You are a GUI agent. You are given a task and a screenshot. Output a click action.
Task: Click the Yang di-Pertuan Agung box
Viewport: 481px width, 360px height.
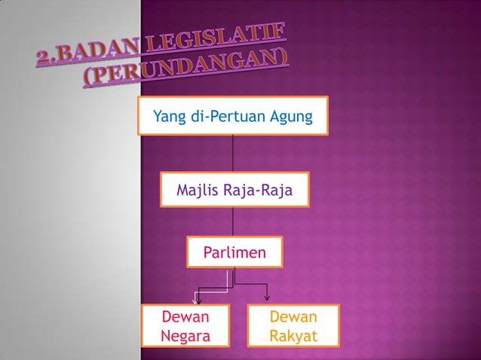(x=233, y=117)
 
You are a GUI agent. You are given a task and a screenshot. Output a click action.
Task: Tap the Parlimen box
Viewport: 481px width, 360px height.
(x=234, y=252)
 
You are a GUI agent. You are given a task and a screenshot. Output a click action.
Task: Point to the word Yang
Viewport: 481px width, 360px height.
(x=167, y=117)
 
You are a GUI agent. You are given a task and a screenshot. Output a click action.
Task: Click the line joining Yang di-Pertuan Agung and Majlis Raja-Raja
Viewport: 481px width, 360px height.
(x=233, y=154)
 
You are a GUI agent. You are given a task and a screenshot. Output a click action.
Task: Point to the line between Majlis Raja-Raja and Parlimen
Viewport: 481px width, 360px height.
(x=233, y=223)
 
